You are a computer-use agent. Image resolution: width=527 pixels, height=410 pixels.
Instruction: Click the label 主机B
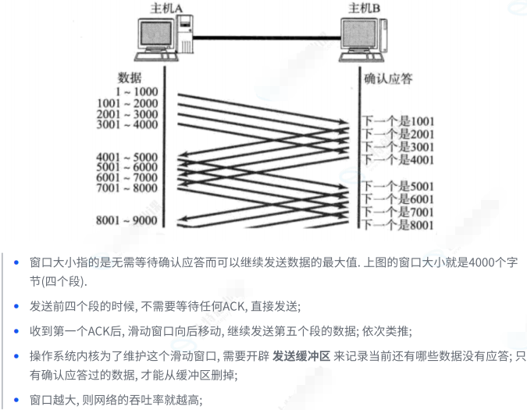point(368,8)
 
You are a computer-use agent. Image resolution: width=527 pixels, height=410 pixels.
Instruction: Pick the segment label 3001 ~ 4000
point(126,124)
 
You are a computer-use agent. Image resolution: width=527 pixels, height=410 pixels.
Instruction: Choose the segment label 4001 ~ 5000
point(126,157)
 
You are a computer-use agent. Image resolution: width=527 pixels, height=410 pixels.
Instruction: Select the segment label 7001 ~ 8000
point(126,188)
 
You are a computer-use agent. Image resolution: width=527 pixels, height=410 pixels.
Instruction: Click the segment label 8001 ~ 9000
point(126,221)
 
